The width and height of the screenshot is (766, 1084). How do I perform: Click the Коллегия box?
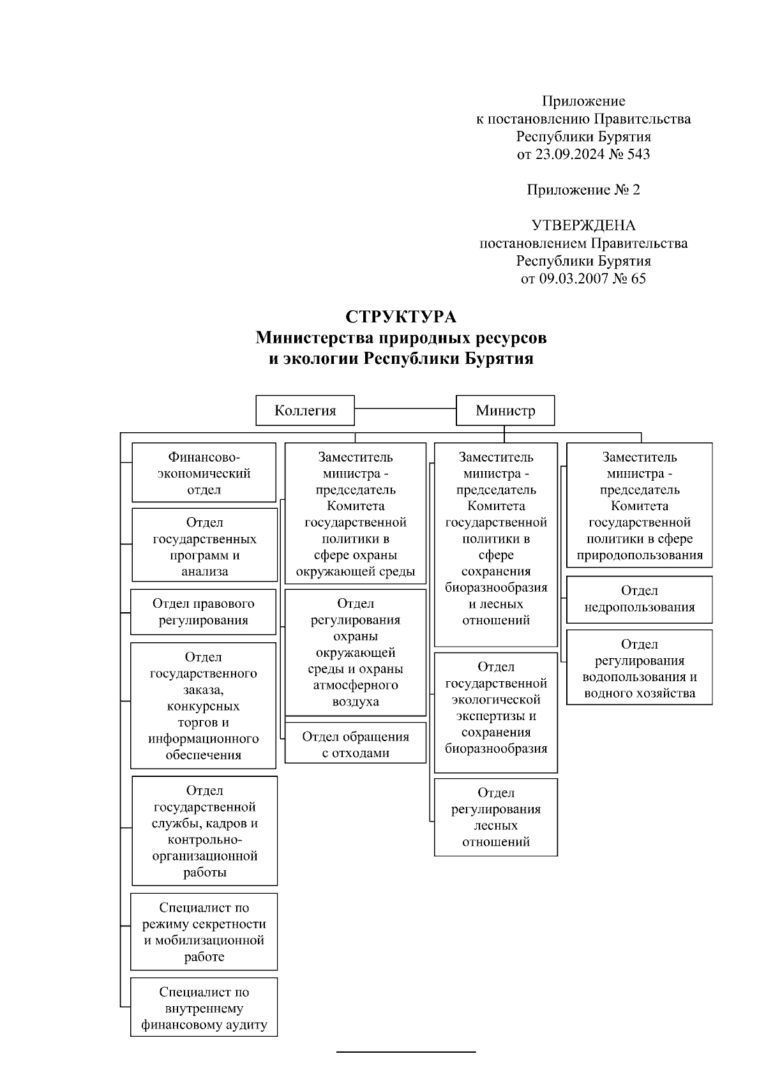pyautogui.click(x=305, y=410)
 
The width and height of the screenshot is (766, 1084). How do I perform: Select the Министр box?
pyautogui.click(x=505, y=410)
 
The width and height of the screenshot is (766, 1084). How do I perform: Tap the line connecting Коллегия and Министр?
pyautogui.click(x=405, y=408)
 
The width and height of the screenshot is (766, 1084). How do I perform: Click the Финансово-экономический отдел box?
pyautogui.click(x=204, y=473)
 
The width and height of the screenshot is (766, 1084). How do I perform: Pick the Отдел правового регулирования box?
pyautogui.click(x=203, y=612)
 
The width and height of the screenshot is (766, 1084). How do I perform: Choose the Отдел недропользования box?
pyautogui.click(x=639, y=599)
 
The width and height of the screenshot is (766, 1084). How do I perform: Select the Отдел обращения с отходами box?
pyautogui.click(x=355, y=744)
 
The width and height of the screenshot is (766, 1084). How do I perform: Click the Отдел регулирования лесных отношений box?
pyautogui.click(x=496, y=817)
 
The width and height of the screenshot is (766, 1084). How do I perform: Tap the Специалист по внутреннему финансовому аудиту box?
pyautogui.click(x=204, y=1009)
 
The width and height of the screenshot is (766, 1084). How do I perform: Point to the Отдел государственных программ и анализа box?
pyautogui.click(x=204, y=546)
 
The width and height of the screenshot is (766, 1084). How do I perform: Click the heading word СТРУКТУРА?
pyautogui.click(x=401, y=317)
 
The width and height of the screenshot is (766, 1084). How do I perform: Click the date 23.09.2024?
pyautogui.click(x=564, y=154)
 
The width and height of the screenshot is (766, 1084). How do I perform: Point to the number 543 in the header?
pyautogui.click(x=638, y=154)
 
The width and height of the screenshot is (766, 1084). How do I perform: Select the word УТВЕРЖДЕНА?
pyautogui.click(x=583, y=225)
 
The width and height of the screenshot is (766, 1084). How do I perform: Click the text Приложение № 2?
pyautogui.click(x=583, y=190)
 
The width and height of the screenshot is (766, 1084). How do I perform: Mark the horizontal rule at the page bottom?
pyautogui.click(x=406, y=1051)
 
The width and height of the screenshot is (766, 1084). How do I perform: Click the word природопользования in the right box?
pyautogui.click(x=640, y=555)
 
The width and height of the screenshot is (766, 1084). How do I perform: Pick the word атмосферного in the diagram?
pyautogui.click(x=356, y=685)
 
